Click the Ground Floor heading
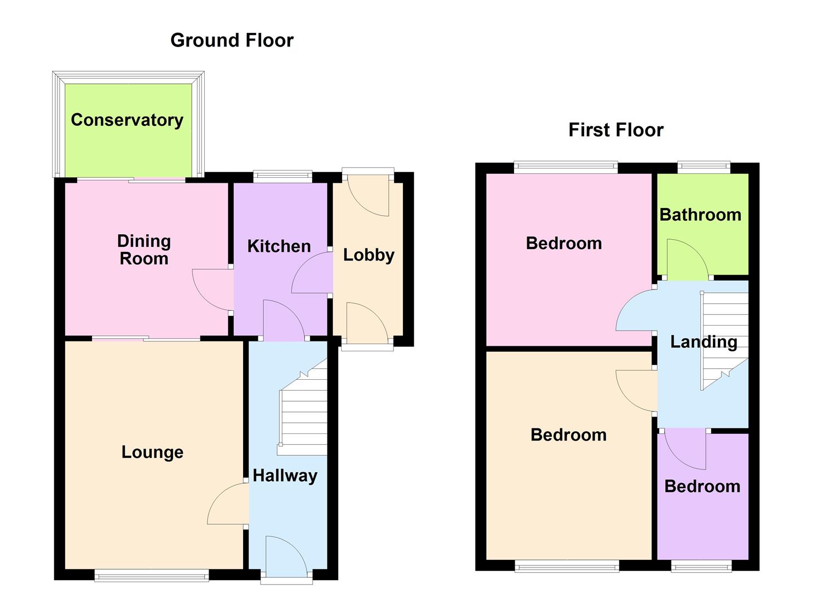point(232,40)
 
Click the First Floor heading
point(616,130)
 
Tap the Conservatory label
point(127,120)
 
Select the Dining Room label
point(144,250)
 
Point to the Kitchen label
point(279,246)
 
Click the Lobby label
point(368,255)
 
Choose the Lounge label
point(152,452)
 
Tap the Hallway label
point(285,476)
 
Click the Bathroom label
point(700,215)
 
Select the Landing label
point(704,342)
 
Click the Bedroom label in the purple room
point(702,486)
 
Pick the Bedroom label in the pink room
point(563,243)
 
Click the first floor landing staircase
point(724,339)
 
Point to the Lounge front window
point(152,575)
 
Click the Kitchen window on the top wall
point(283,176)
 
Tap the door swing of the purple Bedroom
point(685,450)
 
